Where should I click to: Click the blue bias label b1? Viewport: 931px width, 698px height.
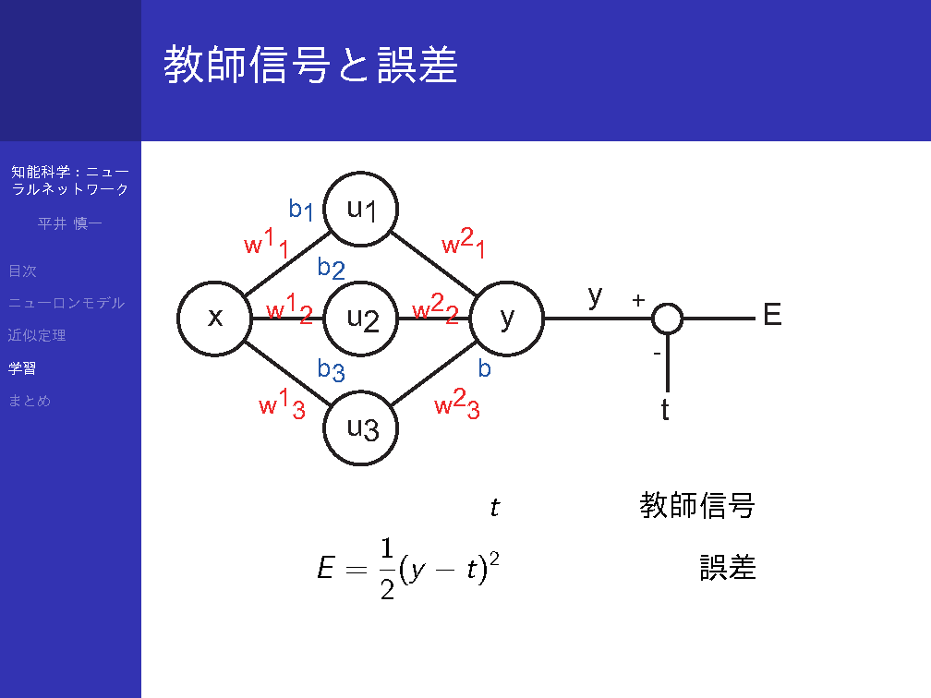click(x=301, y=210)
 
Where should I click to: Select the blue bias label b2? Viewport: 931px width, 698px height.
click(x=331, y=269)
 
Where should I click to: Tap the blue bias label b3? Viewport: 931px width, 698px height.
click(x=331, y=369)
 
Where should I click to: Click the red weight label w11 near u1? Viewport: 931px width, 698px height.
click(x=267, y=243)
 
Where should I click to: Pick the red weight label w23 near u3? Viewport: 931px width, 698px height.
click(x=456, y=403)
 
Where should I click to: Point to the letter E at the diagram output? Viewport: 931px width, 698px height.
click(x=772, y=315)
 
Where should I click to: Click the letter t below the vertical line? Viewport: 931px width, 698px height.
click(x=665, y=410)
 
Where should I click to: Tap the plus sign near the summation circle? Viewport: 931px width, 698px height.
click(x=638, y=300)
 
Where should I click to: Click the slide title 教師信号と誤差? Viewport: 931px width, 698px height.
click(x=310, y=64)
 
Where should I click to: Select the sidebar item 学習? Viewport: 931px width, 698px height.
click(x=22, y=368)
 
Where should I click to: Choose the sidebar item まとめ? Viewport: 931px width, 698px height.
click(x=30, y=401)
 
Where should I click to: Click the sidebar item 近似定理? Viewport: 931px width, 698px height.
click(x=37, y=335)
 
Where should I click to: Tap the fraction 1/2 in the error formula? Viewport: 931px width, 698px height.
click(x=387, y=569)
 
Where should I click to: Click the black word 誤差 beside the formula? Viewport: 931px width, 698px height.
click(x=728, y=568)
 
